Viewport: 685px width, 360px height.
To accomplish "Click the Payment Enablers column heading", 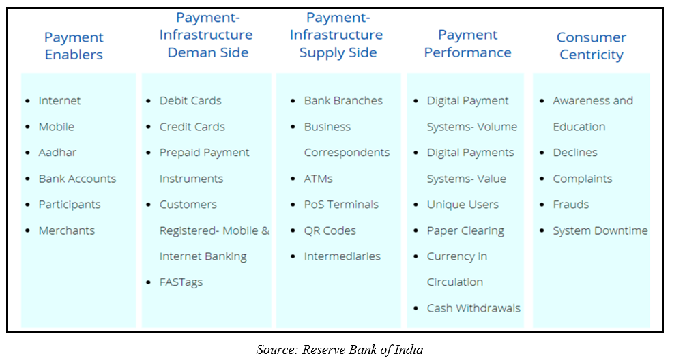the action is click(x=74, y=46).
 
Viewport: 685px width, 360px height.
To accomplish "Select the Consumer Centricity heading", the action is click(x=591, y=46).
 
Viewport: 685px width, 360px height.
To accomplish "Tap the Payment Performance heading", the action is click(x=467, y=44).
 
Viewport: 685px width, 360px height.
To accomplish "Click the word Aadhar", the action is click(x=57, y=152).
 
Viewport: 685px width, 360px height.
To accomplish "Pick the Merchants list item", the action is click(x=66, y=230).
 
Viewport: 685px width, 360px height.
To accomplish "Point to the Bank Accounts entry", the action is click(x=77, y=179).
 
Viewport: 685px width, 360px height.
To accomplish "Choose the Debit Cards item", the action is click(x=190, y=100).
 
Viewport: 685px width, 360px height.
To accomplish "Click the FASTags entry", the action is click(x=181, y=282).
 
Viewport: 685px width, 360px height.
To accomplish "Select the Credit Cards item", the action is click(x=192, y=127).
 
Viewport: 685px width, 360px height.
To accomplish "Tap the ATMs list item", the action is click(x=318, y=179).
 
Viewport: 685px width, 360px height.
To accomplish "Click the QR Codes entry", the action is click(x=330, y=230).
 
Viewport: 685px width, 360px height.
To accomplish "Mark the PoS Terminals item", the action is click(x=341, y=205).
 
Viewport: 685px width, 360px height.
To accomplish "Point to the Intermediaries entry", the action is click(x=342, y=256).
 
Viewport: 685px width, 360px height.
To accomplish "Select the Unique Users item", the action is click(x=463, y=205).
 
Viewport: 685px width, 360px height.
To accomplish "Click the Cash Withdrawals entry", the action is click(x=473, y=308).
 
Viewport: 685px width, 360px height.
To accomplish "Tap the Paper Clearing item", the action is click(x=465, y=231).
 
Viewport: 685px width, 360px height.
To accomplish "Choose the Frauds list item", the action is click(x=570, y=205).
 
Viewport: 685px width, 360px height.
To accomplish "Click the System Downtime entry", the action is click(x=600, y=231).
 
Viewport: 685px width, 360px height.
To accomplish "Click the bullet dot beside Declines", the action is click(x=542, y=153).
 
